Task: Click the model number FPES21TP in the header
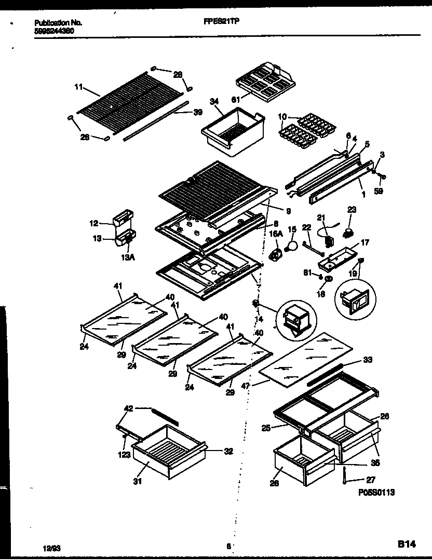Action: point(224,22)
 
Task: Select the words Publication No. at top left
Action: point(58,23)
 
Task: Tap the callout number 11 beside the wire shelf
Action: point(79,88)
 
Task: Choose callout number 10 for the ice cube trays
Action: point(282,116)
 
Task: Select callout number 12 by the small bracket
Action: point(94,224)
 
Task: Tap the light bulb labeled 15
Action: point(293,244)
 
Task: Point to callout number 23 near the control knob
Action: point(352,210)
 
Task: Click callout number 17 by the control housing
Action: point(366,242)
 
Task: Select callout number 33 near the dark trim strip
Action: point(368,360)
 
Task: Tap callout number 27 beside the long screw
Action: point(370,480)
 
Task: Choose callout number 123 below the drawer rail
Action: point(124,456)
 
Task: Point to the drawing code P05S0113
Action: point(376,493)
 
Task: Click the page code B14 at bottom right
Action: point(407,544)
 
